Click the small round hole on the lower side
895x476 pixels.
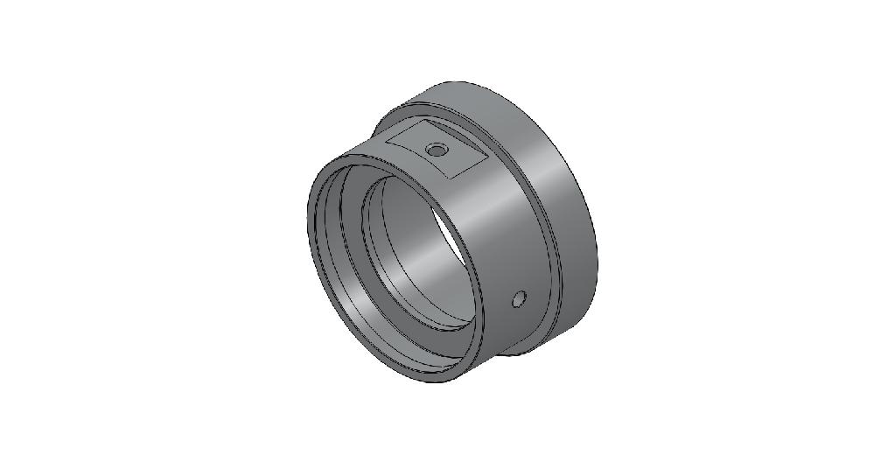pyautogui.click(x=519, y=299)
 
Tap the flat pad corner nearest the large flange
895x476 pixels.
pyautogui.click(x=486, y=157)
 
